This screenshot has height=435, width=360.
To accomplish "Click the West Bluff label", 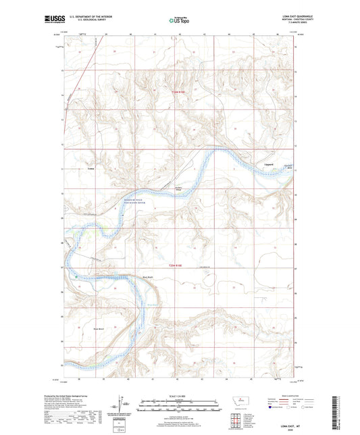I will click(147, 276).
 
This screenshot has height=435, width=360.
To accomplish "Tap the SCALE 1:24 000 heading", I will click(180, 396).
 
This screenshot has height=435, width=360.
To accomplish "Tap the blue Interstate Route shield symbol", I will click(272, 407).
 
